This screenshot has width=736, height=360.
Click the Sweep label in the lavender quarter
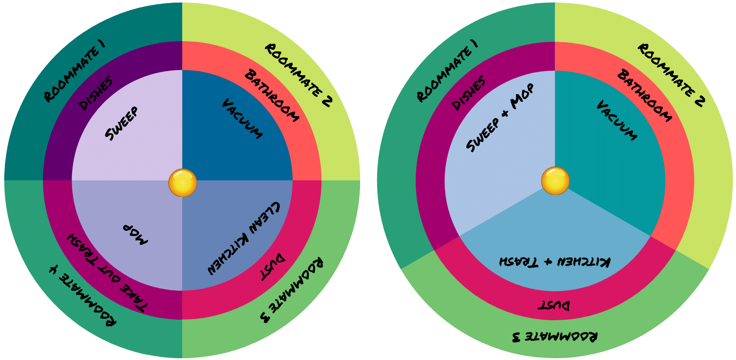122,123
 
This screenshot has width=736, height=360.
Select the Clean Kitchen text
244,237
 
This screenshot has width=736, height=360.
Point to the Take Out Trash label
107,272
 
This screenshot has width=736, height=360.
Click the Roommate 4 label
82,296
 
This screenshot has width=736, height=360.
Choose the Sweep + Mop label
500,118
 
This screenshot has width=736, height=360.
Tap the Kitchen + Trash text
554,262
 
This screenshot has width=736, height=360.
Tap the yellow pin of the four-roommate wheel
183,182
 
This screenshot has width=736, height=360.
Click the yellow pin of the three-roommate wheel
555,181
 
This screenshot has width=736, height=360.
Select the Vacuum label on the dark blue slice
242,119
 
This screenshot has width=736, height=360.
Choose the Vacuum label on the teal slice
617,120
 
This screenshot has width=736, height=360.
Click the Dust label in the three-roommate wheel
554,305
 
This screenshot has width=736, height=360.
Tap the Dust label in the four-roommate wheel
272,267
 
